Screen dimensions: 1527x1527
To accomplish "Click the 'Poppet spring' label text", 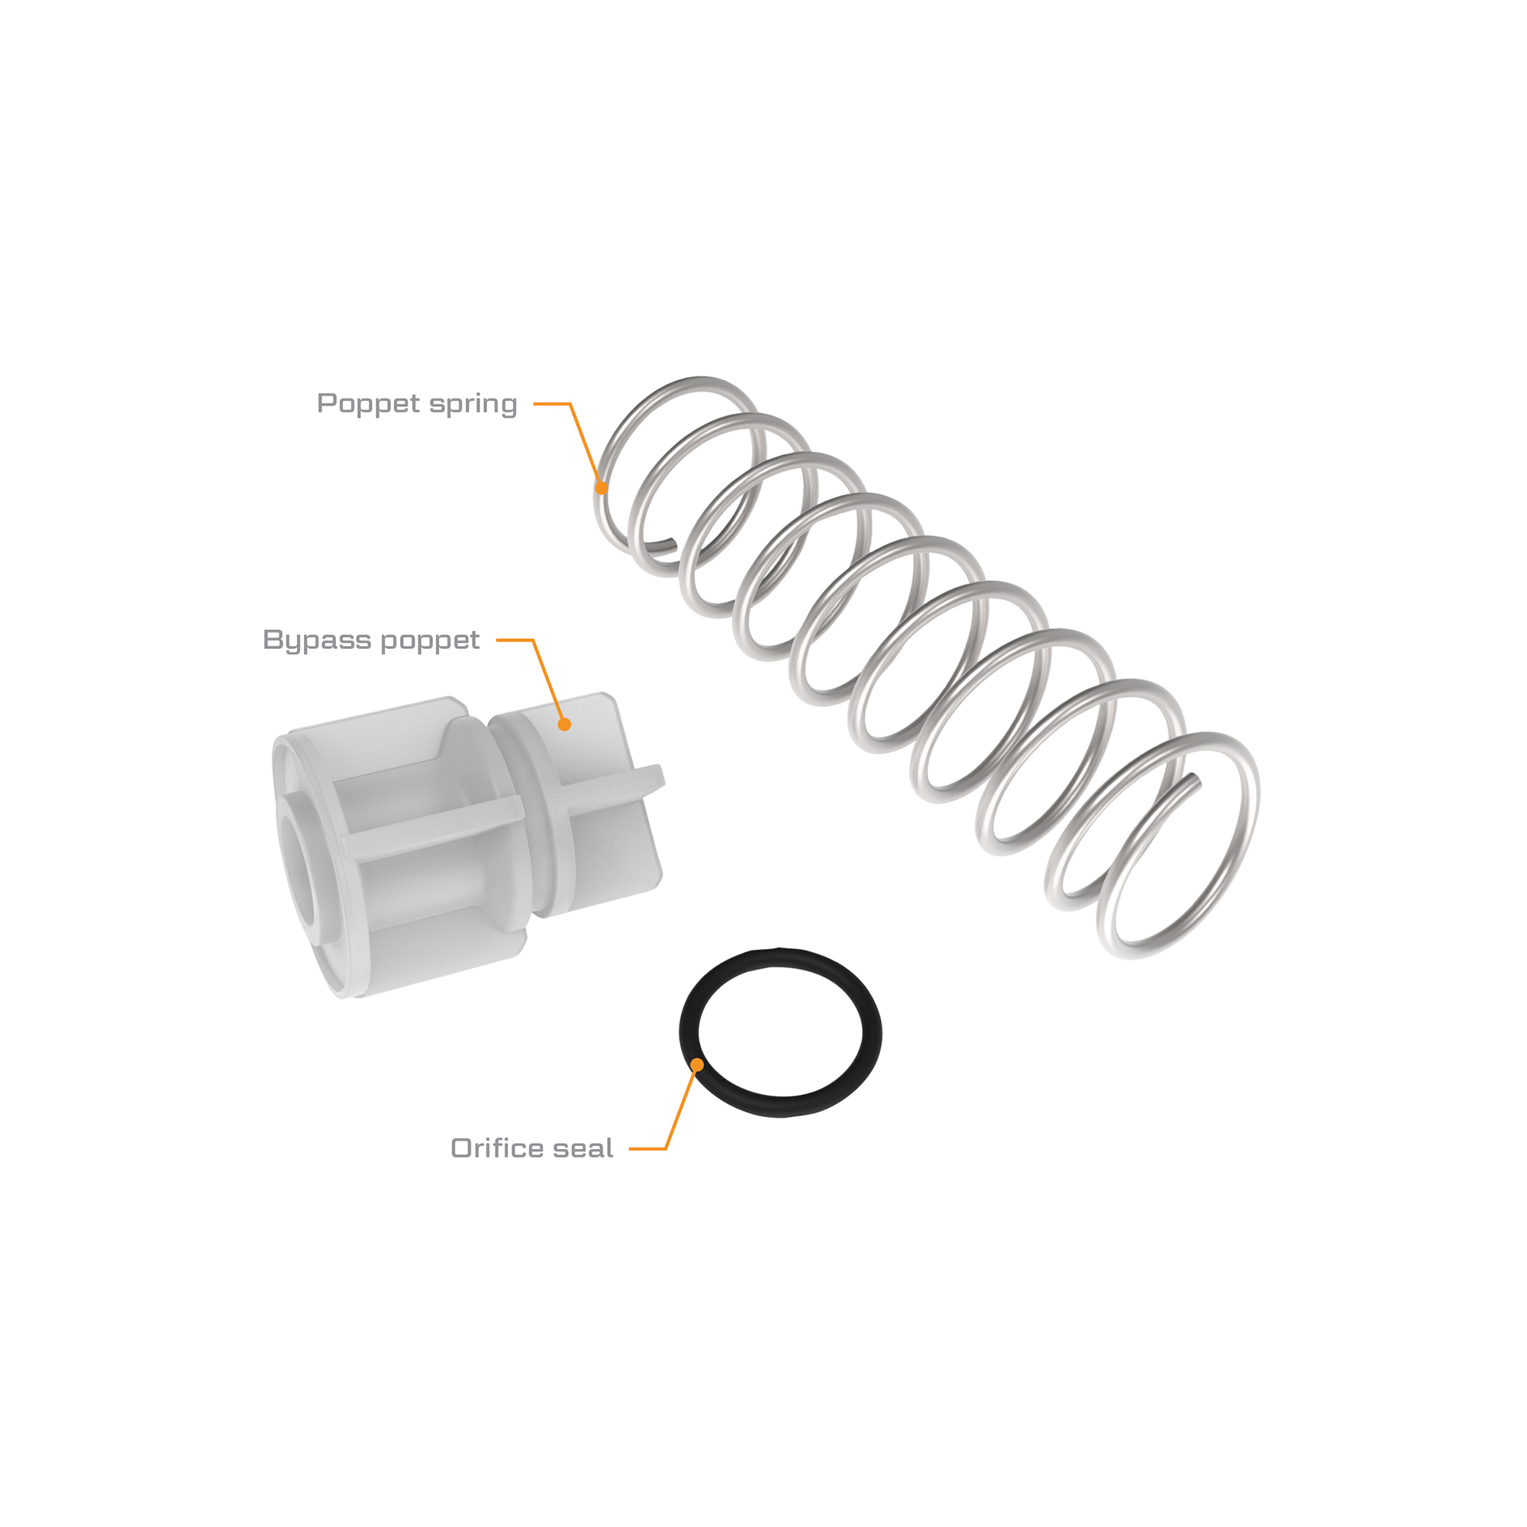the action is (x=417, y=404).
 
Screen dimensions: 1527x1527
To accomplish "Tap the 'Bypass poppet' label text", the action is (x=371, y=641).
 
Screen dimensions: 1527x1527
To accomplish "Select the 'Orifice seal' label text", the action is (x=532, y=1148).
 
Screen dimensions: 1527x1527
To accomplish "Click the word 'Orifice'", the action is (x=503, y=1148).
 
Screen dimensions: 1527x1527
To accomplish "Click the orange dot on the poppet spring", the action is (x=602, y=488).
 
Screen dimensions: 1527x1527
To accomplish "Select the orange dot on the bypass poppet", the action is (x=564, y=724).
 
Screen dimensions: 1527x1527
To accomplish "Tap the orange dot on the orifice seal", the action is (x=697, y=1065).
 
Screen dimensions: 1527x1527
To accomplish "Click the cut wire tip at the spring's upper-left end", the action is (x=674, y=542).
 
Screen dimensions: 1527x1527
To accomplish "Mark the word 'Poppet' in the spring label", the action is (x=368, y=404).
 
